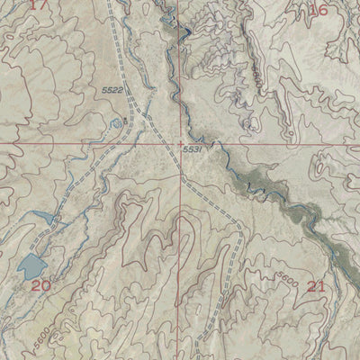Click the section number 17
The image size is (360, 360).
click(36, 4)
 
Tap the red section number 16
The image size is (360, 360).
click(318, 10)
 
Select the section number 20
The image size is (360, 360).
click(40, 285)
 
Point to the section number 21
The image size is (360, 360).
click(316, 286)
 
